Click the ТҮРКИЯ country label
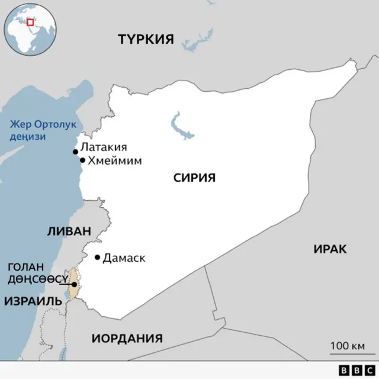[x=146, y=40]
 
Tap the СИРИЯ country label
[x=194, y=177]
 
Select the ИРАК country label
[x=330, y=249]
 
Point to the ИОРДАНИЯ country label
[x=127, y=339]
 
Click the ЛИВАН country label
[x=69, y=232]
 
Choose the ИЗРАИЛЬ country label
[x=33, y=301]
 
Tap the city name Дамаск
[x=124, y=258]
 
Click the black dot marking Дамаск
[x=98, y=257]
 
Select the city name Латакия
[x=104, y=147]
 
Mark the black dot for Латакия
[x=75, y=152]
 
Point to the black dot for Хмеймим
[x=82, y=160]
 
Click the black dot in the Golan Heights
[x=74, y=284]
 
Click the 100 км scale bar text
[x=347, y=346]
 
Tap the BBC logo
[x=353, y=369]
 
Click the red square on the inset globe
[x=30, y=22]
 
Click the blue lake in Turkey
[x=197, y=38]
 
